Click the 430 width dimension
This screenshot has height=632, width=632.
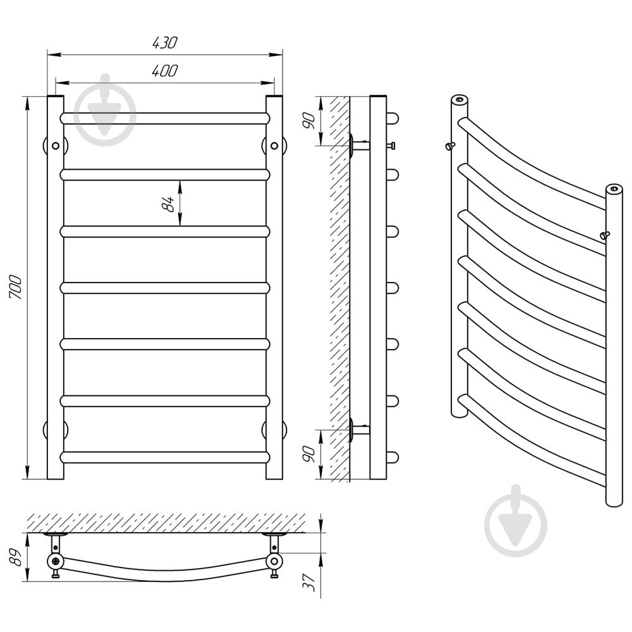click(x=164, y=43)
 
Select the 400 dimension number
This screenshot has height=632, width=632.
click(x=164, y=71)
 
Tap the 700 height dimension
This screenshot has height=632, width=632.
click(x=15, y=287)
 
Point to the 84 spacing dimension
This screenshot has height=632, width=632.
click(x=167, y=204)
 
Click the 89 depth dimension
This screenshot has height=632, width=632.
click(x=15, y=557)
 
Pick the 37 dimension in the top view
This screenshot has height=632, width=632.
click(x=309, y=582)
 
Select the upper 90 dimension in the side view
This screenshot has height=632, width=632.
click(x=309, y=121)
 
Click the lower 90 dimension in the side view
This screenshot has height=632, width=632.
click(x=309, y=454)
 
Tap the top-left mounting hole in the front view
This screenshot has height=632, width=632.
click(x=56, y=145)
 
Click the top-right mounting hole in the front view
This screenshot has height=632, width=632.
click(x=274, y=145)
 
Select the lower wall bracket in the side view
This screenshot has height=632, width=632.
click(x=359, y=428)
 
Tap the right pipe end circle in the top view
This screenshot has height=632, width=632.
click(x=274, y=561)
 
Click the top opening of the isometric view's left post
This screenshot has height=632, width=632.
click(x=459, y=99)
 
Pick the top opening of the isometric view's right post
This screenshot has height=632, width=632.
click(x=614, y=188)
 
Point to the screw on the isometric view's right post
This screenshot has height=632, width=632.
click(x=605, y=235)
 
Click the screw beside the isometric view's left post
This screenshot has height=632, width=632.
click(x=450, y=145)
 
